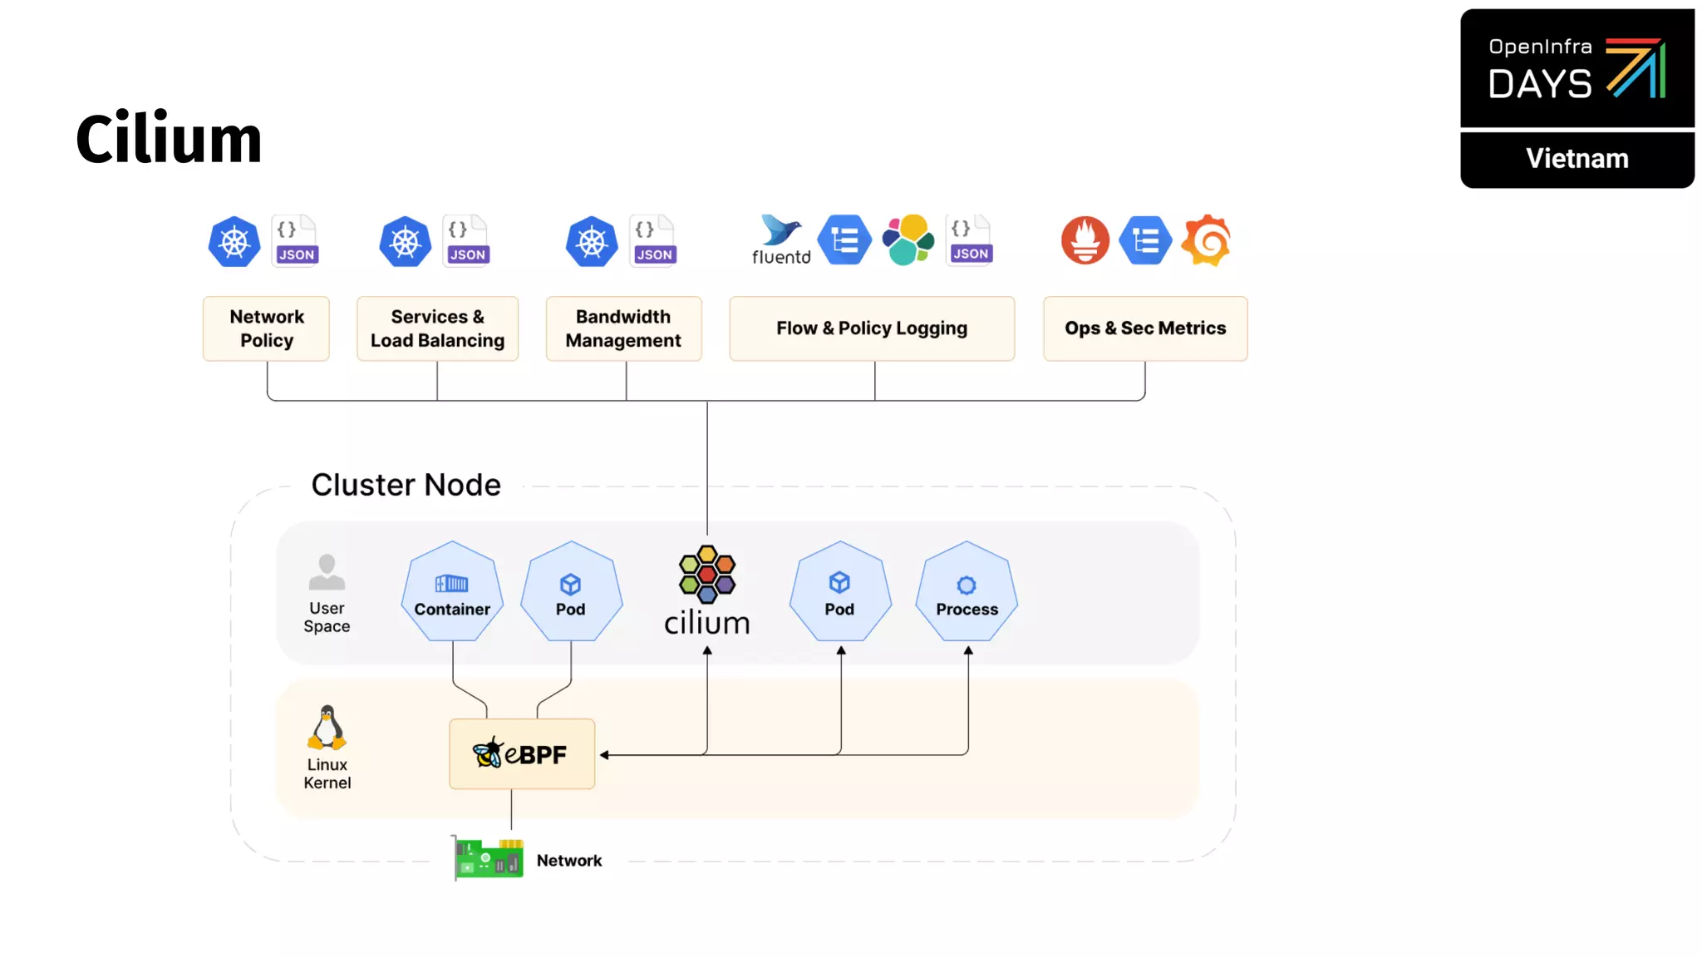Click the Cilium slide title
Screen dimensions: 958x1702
pyautogui.click(x=169, y=139)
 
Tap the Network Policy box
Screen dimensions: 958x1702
pyautogui.click(x=267, y=328)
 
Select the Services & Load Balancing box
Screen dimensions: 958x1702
pyautogui.click(x=437, y=328)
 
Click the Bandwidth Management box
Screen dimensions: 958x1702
pyautogui.click(x=623, y=328)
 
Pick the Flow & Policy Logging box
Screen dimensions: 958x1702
pyautogui.click(x=872, y=328)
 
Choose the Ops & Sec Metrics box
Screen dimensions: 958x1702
pyautogui.click(x=1145, y=328)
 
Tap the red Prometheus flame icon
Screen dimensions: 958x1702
pyautogui.click(x=1085, y=240)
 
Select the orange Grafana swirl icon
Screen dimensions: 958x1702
pyautogui.click(x=1207, y=240)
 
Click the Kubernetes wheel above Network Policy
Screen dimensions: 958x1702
pyautogui.click(x=234, y=242)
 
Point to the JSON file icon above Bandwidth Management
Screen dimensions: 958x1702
pyautogui.click(x=654, y=240)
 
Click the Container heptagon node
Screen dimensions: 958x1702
pyautogui.click(x=452, y=592)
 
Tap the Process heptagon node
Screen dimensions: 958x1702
pyautogui.click(x=967, y=592)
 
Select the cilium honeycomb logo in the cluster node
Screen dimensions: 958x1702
pyautogui.click(x=706, y=575)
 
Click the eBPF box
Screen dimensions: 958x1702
pyautogui.click(x=522, y=754)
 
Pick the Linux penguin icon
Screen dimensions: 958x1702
pyautogui.click(x=327, y=728)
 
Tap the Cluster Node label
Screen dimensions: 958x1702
pyautogui.click(x=406, y=485)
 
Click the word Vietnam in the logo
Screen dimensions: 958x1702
pyautogui.click(x=1577, y=159)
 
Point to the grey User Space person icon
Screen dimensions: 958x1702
pyautogui.click(x=327, y=572)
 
